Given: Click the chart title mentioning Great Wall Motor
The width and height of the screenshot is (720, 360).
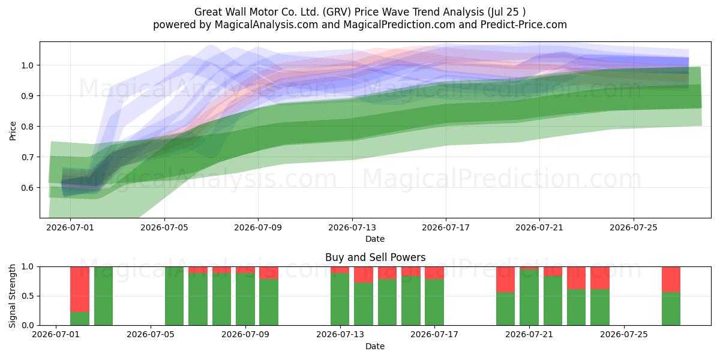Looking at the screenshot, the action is (x=360, y=12).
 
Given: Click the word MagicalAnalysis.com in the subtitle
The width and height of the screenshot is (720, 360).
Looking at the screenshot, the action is (x=266, y=25).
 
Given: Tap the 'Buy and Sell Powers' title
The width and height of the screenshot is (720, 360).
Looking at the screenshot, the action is (x=375, y=257).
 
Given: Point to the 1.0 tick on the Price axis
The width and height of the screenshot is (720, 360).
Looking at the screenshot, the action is (x=27, y=65).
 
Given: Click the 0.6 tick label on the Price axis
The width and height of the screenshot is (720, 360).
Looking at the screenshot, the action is (x=27, y=188).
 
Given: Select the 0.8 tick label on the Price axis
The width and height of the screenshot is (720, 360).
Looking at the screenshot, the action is (x=27, y=127).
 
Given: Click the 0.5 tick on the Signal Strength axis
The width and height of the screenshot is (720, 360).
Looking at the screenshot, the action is (x=27, y=296).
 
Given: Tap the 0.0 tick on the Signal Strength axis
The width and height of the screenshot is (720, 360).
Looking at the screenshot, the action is (x=27, y=325).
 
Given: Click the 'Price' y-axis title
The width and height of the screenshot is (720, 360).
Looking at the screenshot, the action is (x=13, y=131).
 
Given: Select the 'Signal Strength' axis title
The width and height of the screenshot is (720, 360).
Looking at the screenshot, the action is (x=12, y=296).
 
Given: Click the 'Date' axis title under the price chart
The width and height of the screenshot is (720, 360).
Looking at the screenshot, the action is (x=375, y=239).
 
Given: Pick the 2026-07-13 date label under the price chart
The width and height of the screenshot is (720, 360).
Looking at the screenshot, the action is (x=352, y=227).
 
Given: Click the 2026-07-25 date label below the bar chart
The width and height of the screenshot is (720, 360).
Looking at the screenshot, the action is (x=624, y=335).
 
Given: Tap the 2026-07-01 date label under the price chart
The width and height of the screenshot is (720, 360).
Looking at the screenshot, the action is (x=70, y=227).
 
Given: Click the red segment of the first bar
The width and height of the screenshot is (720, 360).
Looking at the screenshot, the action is (x=80, y=289).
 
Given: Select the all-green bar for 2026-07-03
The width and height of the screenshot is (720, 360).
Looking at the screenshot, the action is (x=103, y=296).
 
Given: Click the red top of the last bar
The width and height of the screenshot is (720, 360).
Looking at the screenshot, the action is (x=671, y=280).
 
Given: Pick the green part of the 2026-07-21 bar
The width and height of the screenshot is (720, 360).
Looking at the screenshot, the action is (x=529, y=298).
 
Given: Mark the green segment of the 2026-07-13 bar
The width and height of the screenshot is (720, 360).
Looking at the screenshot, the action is (x=340, y=299).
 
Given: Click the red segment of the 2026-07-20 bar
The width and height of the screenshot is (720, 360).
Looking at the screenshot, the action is (x=505, y=280).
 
